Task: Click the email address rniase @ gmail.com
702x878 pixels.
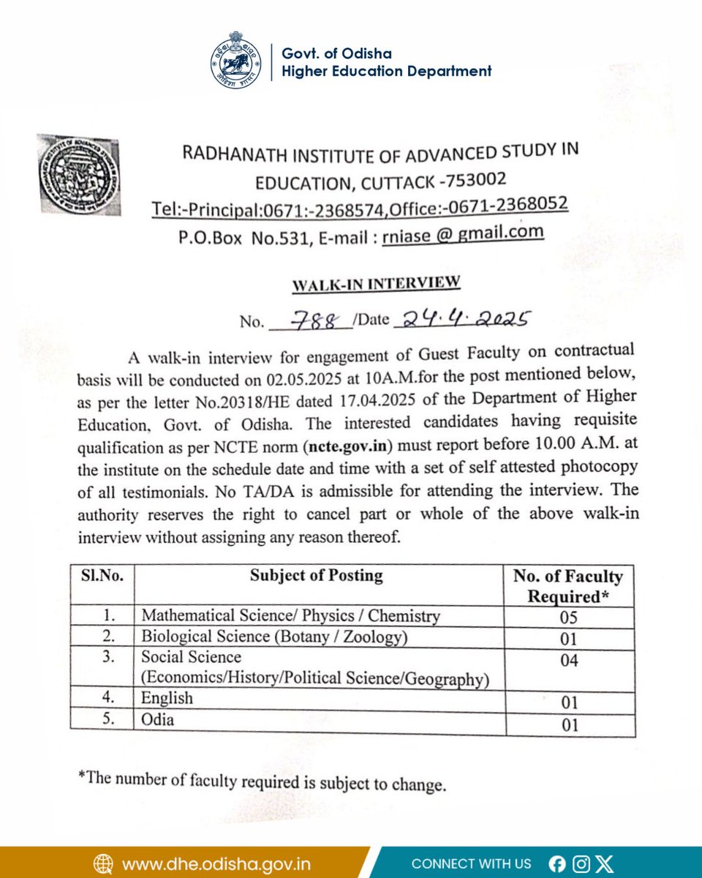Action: coord(463,233)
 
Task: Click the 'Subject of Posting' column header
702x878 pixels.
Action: coord(316,576)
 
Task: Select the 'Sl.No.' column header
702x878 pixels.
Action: coord(102,576)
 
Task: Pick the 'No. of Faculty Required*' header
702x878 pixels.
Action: coord(568,586)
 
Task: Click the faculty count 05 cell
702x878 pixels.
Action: coord(568,618)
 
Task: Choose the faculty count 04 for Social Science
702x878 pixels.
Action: coord(568,661)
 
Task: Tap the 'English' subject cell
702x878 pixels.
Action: coord(167,699)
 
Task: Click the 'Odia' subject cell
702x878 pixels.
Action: coord(158,720)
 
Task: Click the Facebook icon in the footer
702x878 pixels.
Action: coord(556,864)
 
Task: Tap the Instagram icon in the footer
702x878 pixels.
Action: coord(581,864)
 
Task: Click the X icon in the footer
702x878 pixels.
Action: coord(604,864)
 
